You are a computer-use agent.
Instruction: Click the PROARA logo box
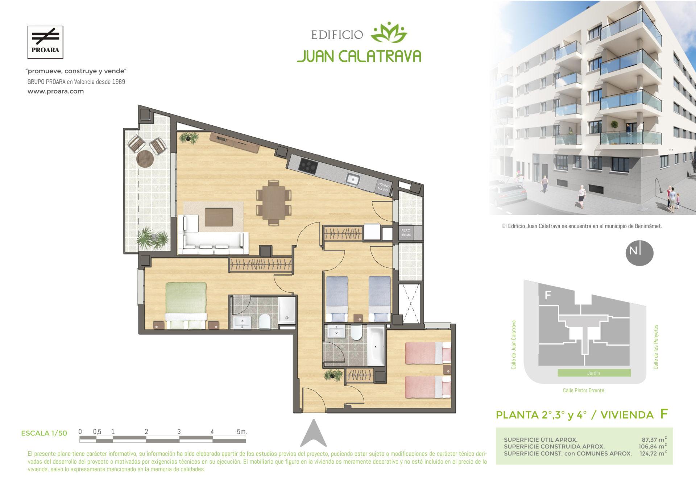click(45, 42)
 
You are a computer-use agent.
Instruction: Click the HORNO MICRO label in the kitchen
click(383, 187)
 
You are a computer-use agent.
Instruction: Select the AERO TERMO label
click(406, 233)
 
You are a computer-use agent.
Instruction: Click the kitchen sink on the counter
click(352, 179)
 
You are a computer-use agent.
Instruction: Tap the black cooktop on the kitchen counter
click(308, 167)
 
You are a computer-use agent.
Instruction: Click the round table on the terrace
click(145, 158)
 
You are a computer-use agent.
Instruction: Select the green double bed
click(186, 305)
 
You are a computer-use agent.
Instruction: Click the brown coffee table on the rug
click(219, 217)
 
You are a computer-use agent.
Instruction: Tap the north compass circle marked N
click(639, 253)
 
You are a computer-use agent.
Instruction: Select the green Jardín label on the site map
click(594, 373)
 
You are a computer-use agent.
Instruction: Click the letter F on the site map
click(548, 295)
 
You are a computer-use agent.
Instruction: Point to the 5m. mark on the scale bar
click(241, 431)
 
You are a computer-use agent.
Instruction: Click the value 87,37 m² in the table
click(654, 439)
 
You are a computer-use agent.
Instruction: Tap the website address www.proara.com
click(56, 91)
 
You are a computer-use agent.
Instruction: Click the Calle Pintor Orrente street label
click(583, 390)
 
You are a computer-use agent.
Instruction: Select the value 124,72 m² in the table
click(653, 453)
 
